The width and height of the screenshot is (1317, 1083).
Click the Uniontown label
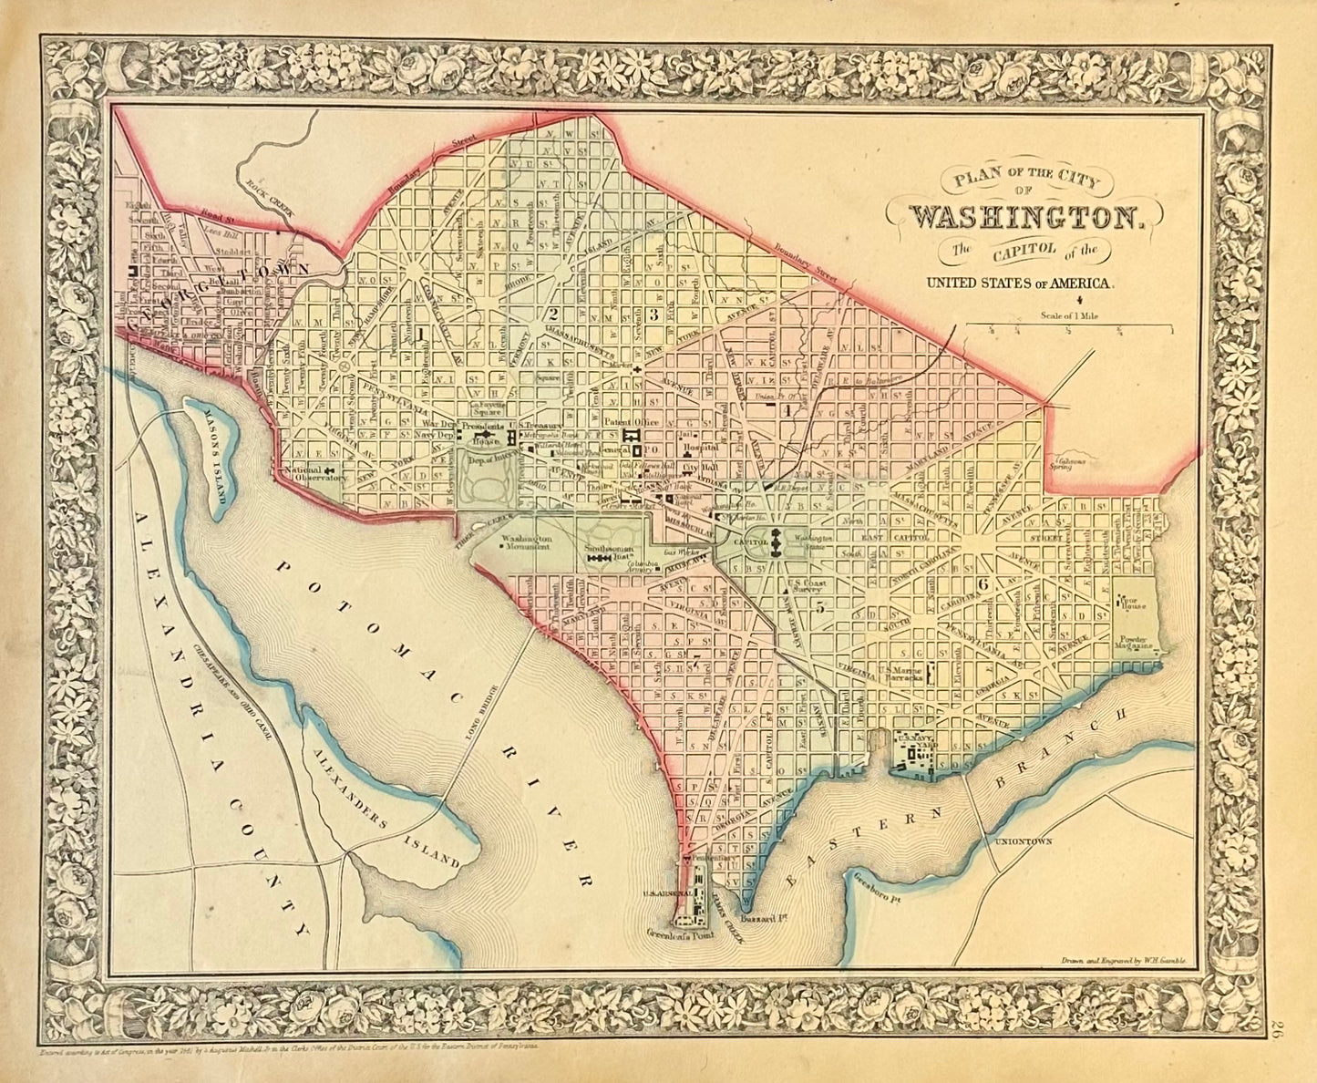tap(1024, 841)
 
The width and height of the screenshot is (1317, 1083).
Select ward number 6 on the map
tap(983, 584)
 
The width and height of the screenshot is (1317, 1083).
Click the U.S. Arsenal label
tap(664, 894)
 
